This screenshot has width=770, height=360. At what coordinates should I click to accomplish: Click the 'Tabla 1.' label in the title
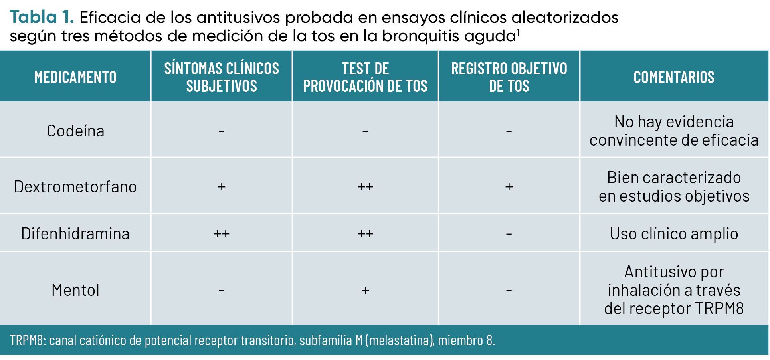(42, 17)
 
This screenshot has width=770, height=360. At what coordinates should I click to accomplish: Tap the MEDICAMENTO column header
(75, 77)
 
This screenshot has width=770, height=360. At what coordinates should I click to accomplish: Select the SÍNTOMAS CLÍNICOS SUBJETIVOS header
(222, 77)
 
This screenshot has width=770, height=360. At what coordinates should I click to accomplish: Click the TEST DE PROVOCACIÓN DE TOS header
(365, 77)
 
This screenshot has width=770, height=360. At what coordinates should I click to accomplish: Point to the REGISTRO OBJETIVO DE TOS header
(509, 77)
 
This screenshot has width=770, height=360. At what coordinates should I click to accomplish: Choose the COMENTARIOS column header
(674, 77)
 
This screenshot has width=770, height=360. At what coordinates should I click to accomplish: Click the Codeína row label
(75, 131)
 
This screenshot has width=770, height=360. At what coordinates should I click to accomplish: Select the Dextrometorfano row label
(75, 187)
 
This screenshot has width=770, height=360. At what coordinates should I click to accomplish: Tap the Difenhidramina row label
(75, 234)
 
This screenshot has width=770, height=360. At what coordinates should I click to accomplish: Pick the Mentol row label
(75, 290)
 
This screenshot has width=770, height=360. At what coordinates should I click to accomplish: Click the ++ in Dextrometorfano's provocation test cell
(365, 187)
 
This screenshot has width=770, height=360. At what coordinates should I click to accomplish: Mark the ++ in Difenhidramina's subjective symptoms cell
(221, 234)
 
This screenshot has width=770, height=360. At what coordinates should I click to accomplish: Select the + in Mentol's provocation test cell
(365, 290)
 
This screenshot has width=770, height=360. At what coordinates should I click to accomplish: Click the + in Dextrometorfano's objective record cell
(509, 187)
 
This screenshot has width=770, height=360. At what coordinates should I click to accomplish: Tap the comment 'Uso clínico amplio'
(674, 234)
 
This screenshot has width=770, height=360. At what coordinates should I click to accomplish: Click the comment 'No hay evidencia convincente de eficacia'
(674, 131)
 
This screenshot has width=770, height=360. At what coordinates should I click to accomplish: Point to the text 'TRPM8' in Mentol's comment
(719, 309)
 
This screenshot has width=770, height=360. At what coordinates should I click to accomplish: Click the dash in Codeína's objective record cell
(509, 131)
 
